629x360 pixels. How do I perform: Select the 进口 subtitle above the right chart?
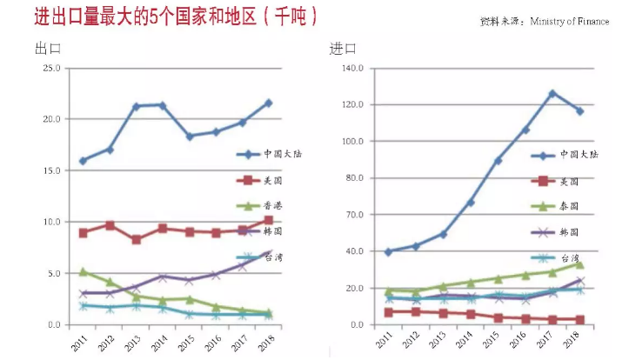click(342, 49)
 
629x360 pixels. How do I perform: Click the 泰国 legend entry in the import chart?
click(567, 206)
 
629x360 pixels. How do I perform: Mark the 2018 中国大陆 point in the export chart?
click(268, 103)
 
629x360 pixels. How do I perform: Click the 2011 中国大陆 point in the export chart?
click(83, 161)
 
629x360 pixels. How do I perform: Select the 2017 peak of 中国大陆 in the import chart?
click(552, 93)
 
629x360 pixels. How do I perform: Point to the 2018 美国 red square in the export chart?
click(268, 221)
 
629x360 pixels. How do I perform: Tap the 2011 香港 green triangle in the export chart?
click(83, 272)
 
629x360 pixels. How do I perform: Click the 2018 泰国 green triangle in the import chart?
click(579, 263)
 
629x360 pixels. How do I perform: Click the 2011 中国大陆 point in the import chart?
click(388, 251)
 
